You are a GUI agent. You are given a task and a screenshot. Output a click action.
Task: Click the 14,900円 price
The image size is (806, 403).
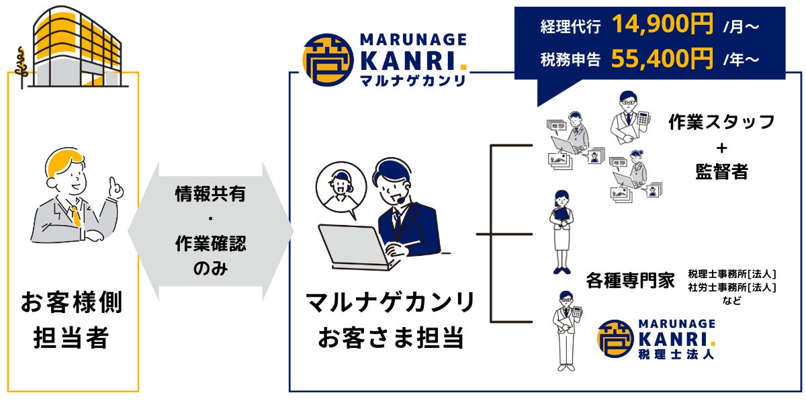[662, 24]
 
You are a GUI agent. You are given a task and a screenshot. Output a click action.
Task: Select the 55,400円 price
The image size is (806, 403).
[662, 58]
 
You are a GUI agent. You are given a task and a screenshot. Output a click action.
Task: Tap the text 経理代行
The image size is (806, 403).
[570, 26]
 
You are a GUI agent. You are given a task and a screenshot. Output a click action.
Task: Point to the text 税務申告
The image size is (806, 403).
[570, 59]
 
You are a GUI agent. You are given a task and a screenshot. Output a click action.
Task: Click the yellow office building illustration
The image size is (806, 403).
[77, 47]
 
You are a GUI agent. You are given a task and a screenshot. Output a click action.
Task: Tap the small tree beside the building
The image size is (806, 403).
[21, 67]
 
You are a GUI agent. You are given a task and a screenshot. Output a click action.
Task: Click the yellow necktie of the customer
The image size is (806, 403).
[75, 216]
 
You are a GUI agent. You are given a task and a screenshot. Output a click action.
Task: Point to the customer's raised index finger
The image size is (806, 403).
[114, 184]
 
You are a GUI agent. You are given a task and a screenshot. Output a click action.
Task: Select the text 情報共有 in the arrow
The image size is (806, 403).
[210, 193]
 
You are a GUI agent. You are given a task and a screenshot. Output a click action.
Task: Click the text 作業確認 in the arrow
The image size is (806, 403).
[210, 244]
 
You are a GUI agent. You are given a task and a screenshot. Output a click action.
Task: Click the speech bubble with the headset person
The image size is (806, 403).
[341, 189]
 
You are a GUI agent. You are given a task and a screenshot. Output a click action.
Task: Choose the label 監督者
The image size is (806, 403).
[722, 171]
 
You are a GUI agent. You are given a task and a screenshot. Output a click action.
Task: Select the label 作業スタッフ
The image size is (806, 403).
[721, 122]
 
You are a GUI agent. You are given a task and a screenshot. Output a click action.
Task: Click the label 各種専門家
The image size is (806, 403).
[631, 280]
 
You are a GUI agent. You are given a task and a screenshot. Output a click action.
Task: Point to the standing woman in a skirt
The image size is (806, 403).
[562, 232]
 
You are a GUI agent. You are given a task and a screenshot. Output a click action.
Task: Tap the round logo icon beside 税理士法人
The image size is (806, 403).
[615, 339]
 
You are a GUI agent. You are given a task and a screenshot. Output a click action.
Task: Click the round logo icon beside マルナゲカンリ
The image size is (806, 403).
[328, 60]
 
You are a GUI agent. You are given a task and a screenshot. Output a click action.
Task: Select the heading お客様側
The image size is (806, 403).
[73, 302]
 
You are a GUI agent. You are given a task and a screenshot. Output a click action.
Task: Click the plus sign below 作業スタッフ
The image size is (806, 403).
[721, 148]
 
